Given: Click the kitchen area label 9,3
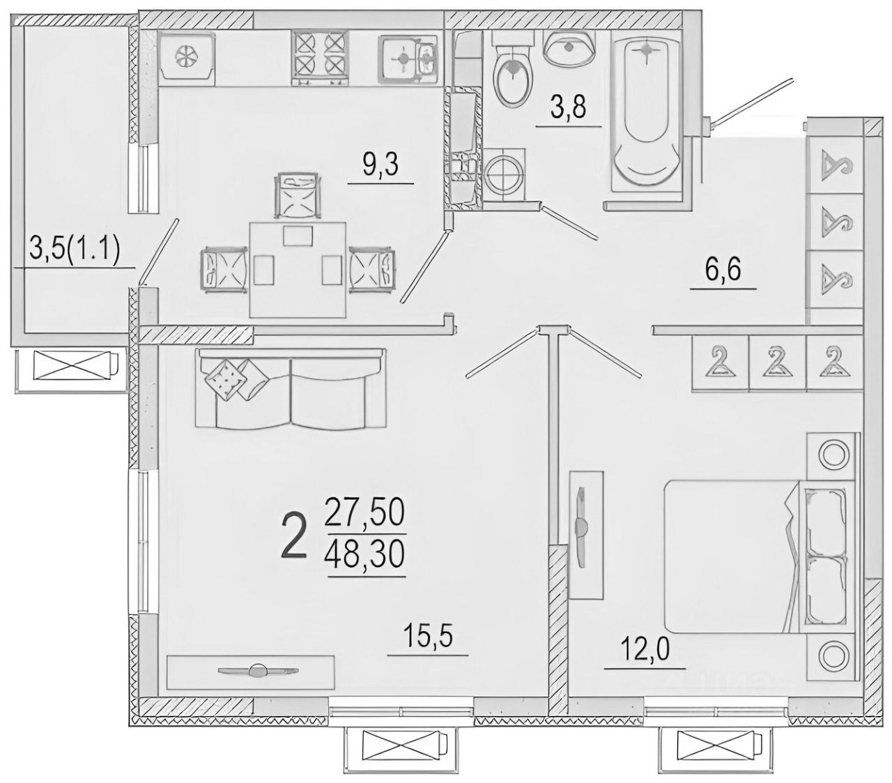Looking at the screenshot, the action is (380, 165).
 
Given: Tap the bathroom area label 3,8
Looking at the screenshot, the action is (568, 108).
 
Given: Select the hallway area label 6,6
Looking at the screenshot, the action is (723, 270).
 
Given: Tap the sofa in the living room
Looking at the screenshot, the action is (291, 388).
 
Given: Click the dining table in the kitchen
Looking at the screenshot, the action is (298, 270).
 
